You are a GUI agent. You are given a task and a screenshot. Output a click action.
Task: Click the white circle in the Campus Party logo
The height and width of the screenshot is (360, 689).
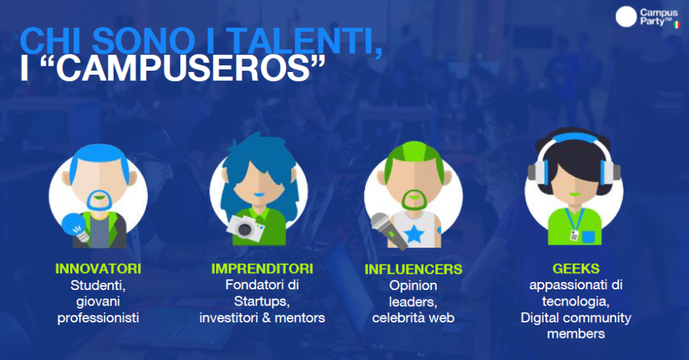(626, 17)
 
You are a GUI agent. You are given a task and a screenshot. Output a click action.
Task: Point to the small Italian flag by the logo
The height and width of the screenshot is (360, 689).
(677, 25)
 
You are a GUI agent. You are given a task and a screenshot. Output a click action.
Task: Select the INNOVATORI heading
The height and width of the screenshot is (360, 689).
(98, 268)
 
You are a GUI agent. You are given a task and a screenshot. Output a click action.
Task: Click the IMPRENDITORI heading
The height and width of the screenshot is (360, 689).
(262, 268)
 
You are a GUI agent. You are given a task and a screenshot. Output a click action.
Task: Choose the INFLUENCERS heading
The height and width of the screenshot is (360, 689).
(414, 269)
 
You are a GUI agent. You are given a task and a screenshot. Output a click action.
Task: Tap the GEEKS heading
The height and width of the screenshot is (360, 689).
(576, 268)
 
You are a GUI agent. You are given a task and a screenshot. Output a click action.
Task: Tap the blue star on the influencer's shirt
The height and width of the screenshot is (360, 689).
(414, 234)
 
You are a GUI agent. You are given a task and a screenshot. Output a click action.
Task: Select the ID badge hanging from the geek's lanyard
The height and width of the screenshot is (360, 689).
(575, 235)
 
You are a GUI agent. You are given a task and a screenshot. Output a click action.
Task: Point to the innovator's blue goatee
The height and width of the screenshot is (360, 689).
(100, 201)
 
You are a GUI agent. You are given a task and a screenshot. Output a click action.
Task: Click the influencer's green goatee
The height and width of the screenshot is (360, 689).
(414, 200)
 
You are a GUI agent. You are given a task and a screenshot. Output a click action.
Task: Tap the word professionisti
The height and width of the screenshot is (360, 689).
(98, 318)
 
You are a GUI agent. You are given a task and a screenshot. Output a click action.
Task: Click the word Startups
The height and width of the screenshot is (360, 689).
(262, 301)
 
